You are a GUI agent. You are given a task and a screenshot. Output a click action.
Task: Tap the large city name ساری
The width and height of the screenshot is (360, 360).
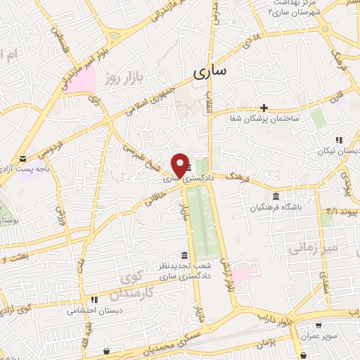click(210, 72)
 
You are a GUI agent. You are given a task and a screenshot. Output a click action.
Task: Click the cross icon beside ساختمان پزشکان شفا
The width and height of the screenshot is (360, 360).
click(264, 108)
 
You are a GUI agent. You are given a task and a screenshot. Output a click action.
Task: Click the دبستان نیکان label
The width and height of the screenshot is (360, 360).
click(337, 151)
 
